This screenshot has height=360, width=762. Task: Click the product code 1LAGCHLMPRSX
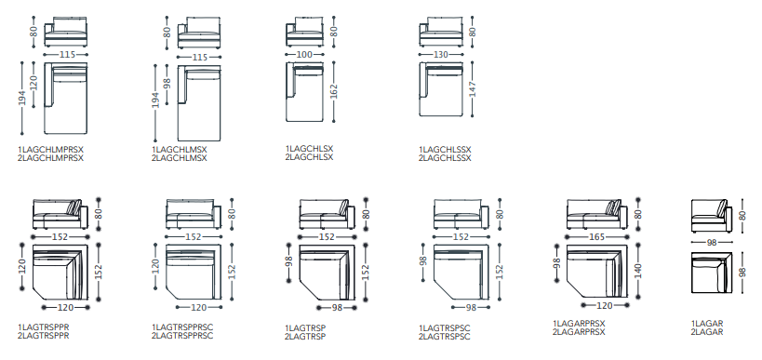pyautogui.click(x=51, y=150)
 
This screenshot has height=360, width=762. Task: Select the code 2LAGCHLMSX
pyautogui.click(x=180, y=158)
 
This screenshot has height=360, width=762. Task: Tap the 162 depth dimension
pyautogui.click(x=333, y=91)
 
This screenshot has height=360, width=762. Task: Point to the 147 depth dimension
pyautogui.click(x=472, y=89)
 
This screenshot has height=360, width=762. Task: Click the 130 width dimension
pyautogui.click(x=440, y=55)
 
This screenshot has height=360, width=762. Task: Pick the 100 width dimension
pyautogui.click(x=303, y=55)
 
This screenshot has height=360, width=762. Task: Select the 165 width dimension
pyautogui.click(x=596, y=237)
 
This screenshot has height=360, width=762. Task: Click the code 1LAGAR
pyautogui.click(x=707, y=324)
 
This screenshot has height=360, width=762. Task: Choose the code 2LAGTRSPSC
pyautogui.click(x=445, y=337)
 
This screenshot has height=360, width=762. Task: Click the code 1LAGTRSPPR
pyautogui.click(x=44, y=327)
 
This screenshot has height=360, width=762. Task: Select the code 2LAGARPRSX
pyautogui.click(x=579, y=332)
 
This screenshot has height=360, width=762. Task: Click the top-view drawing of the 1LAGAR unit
pyautogui.click(x=711, y=273)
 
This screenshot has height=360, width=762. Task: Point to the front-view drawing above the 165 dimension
pyautogui.click(x=596, y=214)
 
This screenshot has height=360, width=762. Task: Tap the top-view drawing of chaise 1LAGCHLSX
pyautogui.click(x=304, y=92)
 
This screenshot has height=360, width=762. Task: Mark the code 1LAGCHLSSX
pyautogui.click(x=445, y=150)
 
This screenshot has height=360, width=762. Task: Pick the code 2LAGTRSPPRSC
pyautogui.click(x=182, y=336)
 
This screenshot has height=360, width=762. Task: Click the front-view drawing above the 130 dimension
pyautogui.click(x=440, y=32)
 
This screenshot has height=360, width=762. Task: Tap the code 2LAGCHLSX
pyautogui.click(x=309, y=157)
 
